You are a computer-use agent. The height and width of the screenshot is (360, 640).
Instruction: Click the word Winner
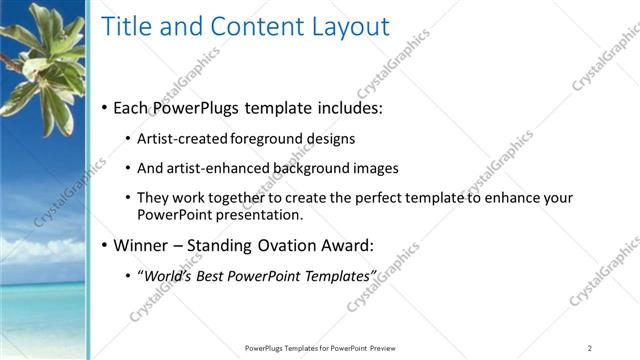coord(142,245)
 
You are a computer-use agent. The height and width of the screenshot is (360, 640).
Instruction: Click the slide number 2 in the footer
coord(589,348)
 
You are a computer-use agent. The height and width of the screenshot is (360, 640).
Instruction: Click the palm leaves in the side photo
coord(45,60)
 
